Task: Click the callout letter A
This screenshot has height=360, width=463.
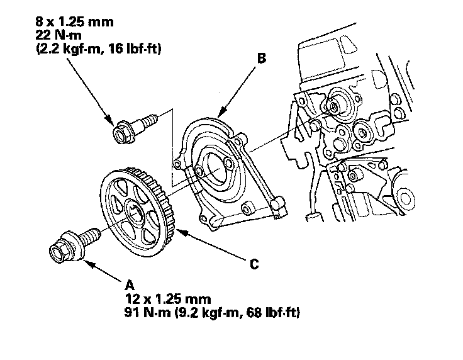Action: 130,285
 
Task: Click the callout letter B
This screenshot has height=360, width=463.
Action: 262,58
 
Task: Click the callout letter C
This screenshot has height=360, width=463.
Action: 254,264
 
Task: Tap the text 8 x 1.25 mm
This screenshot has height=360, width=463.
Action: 74,22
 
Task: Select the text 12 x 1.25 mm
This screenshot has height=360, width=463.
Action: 168,299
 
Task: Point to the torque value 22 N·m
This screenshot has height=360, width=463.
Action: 59,35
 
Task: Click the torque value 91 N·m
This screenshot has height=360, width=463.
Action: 147,312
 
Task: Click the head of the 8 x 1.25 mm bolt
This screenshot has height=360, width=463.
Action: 122,133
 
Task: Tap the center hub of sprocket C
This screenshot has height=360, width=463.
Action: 135,211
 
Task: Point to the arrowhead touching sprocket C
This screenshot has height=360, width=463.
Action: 181,232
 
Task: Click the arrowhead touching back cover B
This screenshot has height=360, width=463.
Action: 221,114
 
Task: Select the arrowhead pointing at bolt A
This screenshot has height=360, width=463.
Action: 90,264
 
